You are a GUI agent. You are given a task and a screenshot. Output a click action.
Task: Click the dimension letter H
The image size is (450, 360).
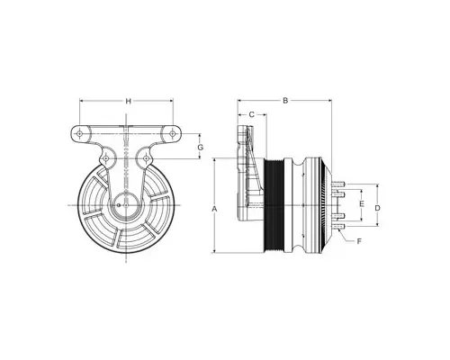click(x=128, y=101)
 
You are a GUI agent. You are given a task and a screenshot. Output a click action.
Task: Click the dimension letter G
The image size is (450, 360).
click(x=201, y=146)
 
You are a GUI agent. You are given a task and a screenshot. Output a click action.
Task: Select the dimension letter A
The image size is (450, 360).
click(x=213, y=208)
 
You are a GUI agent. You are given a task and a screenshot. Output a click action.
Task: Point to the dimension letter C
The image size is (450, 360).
click(x=252, y=114)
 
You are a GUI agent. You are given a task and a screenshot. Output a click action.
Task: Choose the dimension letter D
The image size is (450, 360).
click(x=377, y=207)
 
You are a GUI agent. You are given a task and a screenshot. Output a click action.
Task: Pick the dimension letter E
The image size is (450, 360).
click(x=360, y=206)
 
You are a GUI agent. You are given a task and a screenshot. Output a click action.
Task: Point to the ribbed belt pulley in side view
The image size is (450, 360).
click(x=283, y=207)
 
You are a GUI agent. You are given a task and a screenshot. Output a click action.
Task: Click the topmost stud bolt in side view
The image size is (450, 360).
click(x=338, y=186)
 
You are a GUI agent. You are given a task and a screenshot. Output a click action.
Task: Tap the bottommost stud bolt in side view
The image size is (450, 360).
click(x=338, y=228)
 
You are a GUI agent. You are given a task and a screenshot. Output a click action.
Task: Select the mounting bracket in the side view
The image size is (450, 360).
click(x=246, y=175)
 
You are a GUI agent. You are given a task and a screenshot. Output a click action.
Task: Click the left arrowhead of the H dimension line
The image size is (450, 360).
click(x=80, y=101)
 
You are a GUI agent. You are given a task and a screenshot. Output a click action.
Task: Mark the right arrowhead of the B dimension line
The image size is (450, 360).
click(x=328, y=101)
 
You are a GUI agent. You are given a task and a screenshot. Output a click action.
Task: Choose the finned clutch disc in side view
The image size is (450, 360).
click(x=315, y=207)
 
